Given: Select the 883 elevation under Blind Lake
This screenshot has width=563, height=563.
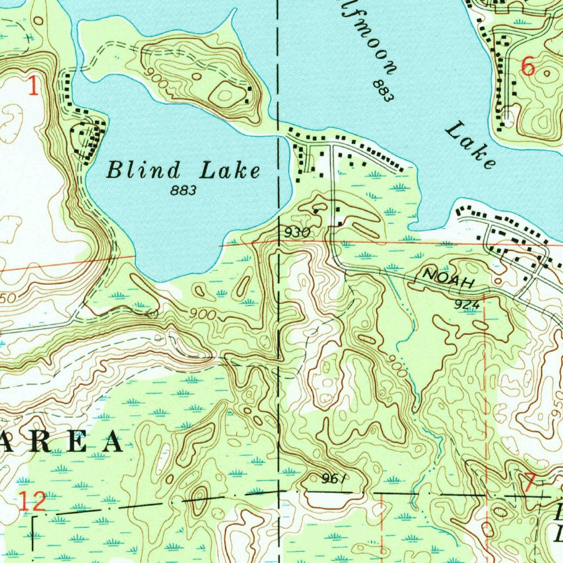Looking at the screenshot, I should point(183,191).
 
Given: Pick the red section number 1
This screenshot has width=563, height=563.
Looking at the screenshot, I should point(34,87).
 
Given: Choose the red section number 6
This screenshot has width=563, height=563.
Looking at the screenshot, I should point(527,67).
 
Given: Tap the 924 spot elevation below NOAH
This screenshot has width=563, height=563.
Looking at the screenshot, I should point(468,305).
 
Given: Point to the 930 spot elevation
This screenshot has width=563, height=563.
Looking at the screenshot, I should point(297,233).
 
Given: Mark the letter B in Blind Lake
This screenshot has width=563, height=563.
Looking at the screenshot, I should point(114,170).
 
